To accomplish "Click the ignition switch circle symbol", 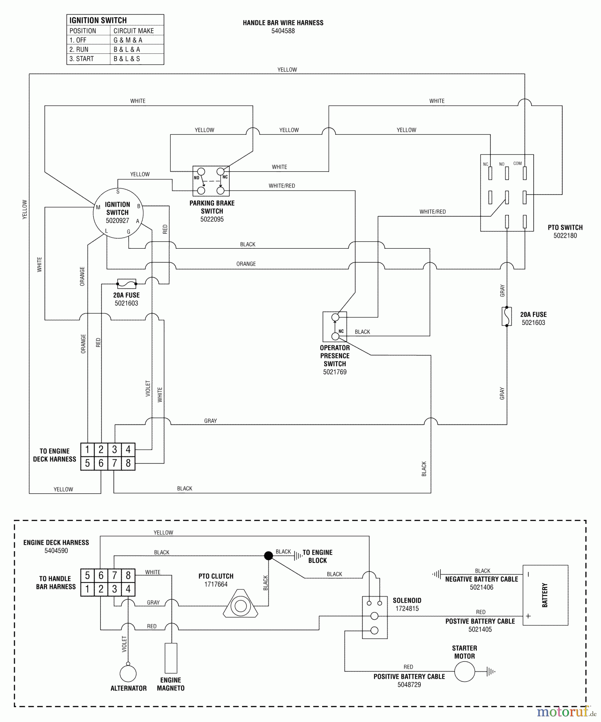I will point(118,213).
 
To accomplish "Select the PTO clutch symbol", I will point(240,606).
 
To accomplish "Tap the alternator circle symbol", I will point(128,674).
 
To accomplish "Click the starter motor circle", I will point(464,671).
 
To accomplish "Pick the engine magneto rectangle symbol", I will point(171,658).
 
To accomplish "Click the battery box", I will point(545,595).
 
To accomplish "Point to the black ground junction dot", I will point(268,556).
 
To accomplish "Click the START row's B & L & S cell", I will point(127,59).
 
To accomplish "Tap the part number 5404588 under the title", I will point(283,31).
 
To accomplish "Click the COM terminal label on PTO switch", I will point(518,163).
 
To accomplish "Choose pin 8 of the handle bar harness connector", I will point(128,463).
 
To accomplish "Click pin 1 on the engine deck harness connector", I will point(87,589).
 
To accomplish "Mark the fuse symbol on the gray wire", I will point(507,316).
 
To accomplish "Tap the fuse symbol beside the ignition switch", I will point(127,284).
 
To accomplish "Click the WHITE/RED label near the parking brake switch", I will point(282,186).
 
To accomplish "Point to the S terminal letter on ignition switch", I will point(118,192).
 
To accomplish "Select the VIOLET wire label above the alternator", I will point(124,644).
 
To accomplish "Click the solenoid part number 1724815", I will point(407,608).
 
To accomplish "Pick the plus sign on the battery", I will point(528,616).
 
